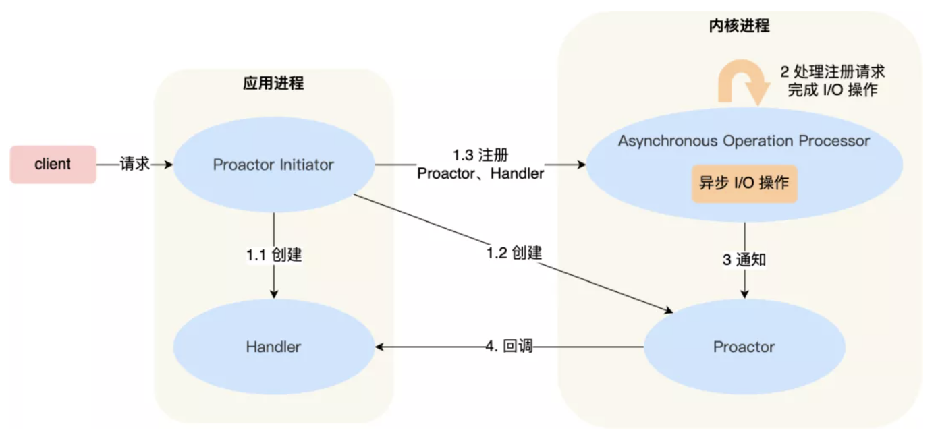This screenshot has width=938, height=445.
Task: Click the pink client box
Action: coord(53,165)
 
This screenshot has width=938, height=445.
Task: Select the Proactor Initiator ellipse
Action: coord(274,165)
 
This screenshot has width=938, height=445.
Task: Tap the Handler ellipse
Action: coord(274,347)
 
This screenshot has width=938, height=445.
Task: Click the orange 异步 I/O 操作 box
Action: coord(744,183)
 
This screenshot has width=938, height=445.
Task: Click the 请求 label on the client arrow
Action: coord(134,164)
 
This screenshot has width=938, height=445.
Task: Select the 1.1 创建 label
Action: coord(274,255)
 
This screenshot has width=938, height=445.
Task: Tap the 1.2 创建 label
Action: coord(514,253)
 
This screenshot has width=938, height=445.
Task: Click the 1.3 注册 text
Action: coord(480,155)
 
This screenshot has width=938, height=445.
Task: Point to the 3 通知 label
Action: coord(744,260)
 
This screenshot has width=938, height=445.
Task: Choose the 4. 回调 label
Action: coord(509,347)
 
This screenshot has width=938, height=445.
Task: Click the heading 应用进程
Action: coord(273,83)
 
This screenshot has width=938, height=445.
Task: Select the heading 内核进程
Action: coord(740,26)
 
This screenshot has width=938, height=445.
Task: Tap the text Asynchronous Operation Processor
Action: coord(744,141)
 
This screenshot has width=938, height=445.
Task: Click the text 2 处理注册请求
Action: coord(833,71)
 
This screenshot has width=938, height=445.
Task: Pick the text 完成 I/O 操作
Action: coord(833,90)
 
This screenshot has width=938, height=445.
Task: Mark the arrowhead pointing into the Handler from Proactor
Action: coord(379,347)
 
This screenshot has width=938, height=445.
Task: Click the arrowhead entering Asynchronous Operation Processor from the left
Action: coord(582,165)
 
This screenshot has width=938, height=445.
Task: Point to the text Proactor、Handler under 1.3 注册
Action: coord(480,173)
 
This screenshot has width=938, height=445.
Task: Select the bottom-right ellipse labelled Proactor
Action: coord(744,347)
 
